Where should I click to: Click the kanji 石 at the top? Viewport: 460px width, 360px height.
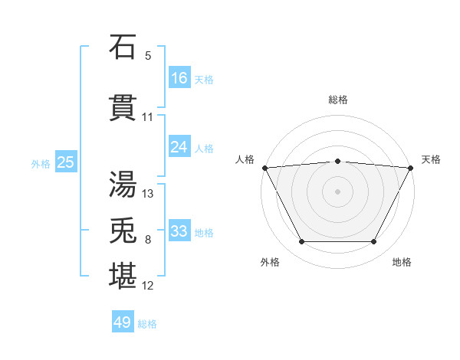[123, 47]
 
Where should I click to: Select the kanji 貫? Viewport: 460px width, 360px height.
[123, 108]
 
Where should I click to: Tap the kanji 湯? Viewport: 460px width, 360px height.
[123, 184]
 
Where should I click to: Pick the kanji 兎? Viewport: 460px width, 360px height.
[123, 231]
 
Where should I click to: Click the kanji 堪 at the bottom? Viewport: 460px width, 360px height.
[123, 277]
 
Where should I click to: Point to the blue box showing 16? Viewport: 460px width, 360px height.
[179, 77]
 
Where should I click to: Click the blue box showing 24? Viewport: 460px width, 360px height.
[179, 146]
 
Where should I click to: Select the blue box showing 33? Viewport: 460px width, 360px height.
[179, 231]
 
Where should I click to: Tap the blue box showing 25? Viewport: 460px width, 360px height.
[65, 162]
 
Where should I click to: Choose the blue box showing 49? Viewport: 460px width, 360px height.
[123, 322]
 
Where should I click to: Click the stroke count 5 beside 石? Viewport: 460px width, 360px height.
[148, 56]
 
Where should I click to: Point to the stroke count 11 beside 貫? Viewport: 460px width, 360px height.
[148, 117]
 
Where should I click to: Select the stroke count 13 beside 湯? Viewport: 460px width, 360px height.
[148, 194]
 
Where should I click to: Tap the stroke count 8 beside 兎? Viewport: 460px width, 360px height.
[148, 240]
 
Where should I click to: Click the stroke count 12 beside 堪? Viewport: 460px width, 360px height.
[148, 286]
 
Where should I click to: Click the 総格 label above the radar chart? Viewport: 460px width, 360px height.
[337, 100]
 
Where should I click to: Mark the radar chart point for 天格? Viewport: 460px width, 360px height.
[411, 167]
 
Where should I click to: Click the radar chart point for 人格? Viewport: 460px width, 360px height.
[264, 167]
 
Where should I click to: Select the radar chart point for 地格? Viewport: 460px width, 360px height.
[374, 242]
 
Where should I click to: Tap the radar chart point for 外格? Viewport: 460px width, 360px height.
[301, 242]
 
